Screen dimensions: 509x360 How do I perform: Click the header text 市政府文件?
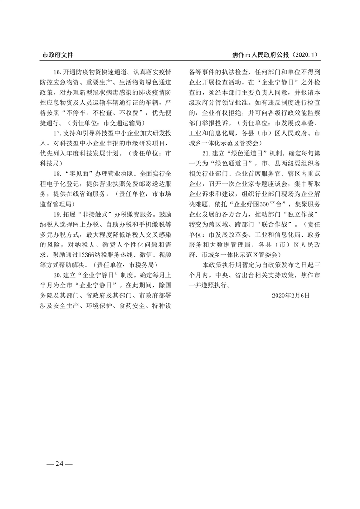click(58, 55)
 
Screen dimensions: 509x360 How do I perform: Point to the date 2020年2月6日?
click(291, 295)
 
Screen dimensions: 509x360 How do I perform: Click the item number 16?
click(58, 72)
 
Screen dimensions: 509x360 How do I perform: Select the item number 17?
click(58, 134)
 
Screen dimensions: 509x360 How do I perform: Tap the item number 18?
click(58, 174)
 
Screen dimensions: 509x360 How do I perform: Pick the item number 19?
click(58, 213)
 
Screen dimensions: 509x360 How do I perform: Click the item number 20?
click(58, 275)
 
